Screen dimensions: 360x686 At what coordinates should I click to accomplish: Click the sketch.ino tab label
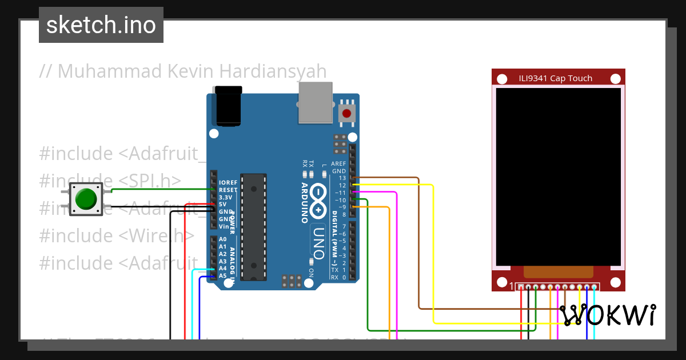pos(101,25)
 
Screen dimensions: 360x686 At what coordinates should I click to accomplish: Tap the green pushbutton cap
pos(86,199)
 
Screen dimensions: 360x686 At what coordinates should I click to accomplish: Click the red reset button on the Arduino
pos(346,113)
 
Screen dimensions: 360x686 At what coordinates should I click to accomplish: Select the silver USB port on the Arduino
pos(315,102)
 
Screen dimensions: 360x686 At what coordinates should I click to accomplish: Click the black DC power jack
pos(228,106)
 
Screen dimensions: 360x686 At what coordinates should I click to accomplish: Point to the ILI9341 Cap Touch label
pos(555,78)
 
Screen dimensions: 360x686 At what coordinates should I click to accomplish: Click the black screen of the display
pos(558,176)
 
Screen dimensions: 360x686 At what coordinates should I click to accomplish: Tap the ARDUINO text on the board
pos(304,203)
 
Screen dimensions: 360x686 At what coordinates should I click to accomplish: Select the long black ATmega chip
pos(253,227)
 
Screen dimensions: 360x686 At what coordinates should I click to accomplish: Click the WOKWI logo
pos(607,315)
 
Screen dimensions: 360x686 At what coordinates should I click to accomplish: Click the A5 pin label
pos(222,275)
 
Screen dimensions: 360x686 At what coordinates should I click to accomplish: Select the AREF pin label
pos(338,163)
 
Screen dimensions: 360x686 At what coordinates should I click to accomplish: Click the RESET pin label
pos(228,190)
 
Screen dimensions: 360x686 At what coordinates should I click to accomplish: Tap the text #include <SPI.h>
pos(110,181)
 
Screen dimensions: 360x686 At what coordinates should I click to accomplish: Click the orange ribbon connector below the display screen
pos(558,272)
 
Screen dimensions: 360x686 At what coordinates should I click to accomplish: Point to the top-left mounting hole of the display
pos(501,79)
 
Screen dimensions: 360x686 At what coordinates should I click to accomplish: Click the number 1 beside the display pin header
pos(512,286)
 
